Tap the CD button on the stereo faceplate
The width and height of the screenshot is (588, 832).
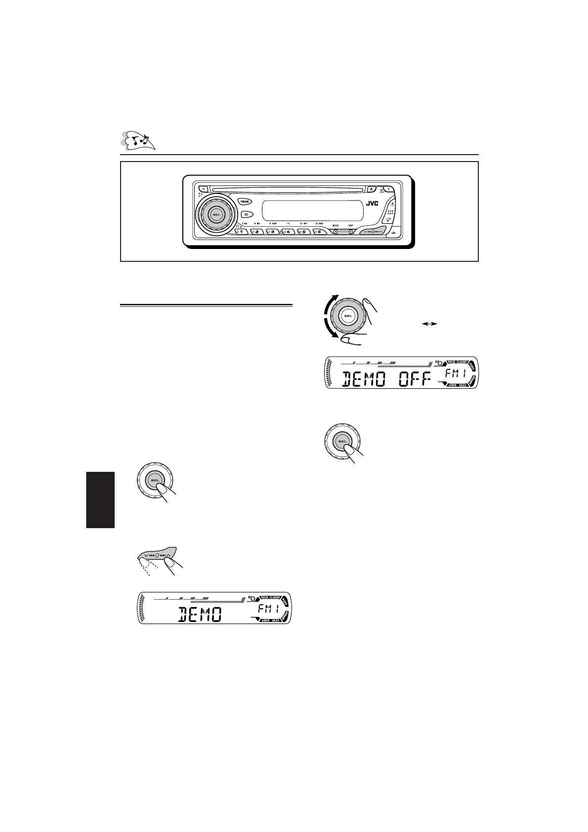click(x=245, y=214)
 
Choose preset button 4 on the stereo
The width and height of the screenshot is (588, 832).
click(x=289, y=232)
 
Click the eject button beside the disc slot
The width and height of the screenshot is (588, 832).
click(x=372, y=188)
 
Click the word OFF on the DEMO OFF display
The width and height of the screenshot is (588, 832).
click(x=416, y=379)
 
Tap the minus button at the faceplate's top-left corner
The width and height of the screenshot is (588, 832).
click(x=203, y=188)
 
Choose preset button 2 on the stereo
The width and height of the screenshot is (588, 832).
click(x=258, y=232)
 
